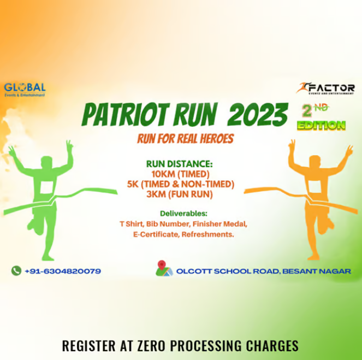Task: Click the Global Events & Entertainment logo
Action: point(25,89)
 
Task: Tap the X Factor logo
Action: point(325,88)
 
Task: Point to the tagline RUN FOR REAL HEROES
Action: point(185,139)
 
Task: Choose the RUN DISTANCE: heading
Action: point(179,163)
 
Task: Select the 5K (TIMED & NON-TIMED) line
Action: point(180,184)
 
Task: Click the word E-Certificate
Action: point(143,234)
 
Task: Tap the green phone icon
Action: point(16,270)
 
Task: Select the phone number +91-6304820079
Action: point(63,271)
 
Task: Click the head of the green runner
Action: point(47,162)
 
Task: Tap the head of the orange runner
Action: point(315,162)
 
